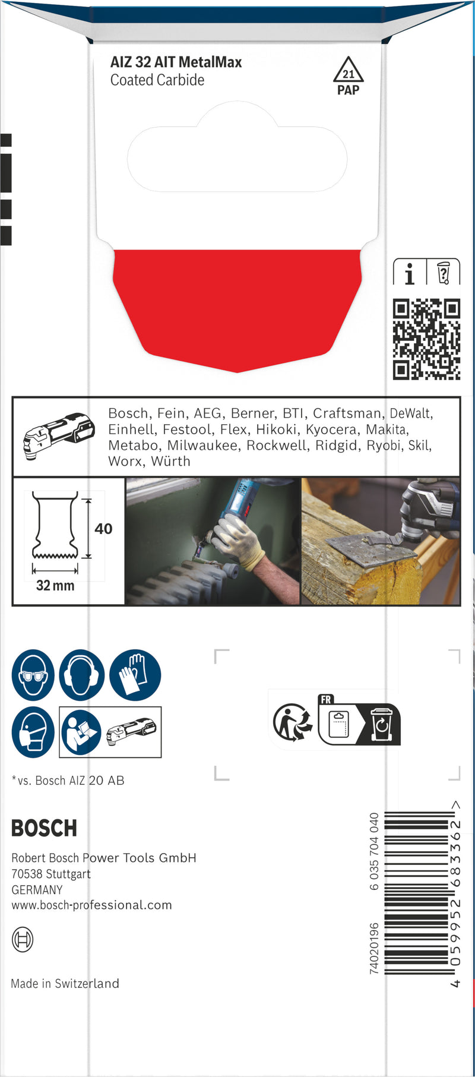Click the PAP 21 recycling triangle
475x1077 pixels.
(x=348, y=72)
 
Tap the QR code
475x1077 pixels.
(x=426, y=339)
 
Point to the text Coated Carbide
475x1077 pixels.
(x=157, y=80)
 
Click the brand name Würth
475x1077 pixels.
(x=170, y=461)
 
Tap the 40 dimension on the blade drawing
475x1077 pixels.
(x=103, y=529)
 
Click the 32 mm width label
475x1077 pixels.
(x=55, y=586)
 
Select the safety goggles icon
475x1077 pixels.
(x=33, y=675)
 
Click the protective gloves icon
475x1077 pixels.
(x=135, y=675)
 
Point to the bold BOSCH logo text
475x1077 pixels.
(x=45, y=828)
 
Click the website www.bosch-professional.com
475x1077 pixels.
(x=92, y=905)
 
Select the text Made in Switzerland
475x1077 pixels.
(x=65, y=984)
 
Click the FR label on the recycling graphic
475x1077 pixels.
(x=326, y=700)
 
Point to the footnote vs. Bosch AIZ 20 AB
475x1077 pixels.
(x=68, y=781)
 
